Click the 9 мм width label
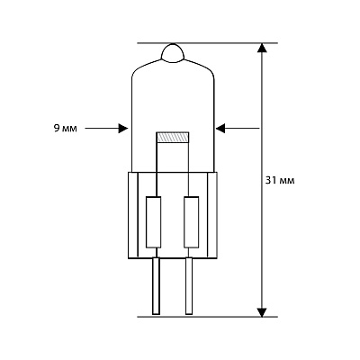(65, 129)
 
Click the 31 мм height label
(280, 180)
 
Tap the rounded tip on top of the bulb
(173, 53)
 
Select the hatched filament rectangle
(173, 137)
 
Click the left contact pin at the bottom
(156, 286)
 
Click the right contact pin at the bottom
(189, 286)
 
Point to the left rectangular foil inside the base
(154, 222)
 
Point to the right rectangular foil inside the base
(192, 222)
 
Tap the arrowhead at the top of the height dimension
(262, 48)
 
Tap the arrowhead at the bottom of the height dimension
(262, 312)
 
